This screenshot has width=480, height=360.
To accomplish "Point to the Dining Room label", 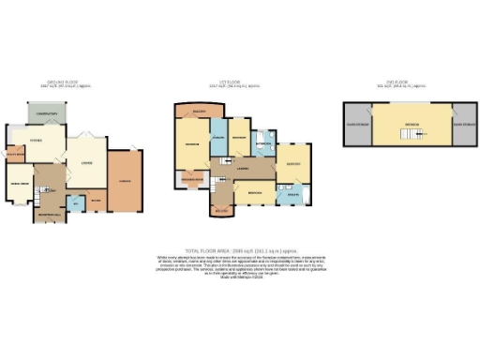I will point(20,182).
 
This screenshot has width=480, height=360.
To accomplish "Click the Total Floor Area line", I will point(239,252).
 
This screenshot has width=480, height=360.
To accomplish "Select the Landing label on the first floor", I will point(242,169).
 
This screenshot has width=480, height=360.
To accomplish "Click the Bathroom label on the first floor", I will point(262,143).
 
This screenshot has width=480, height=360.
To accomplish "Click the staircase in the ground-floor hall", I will point(39,193).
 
